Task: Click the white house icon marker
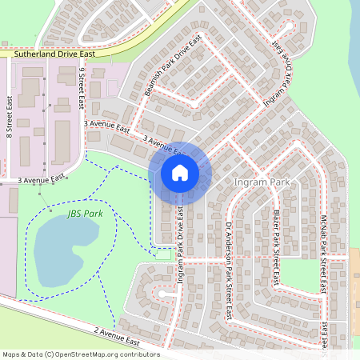click(180, 172)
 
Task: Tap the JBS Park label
click(86, 214)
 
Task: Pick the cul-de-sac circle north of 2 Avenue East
click(164, 294)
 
